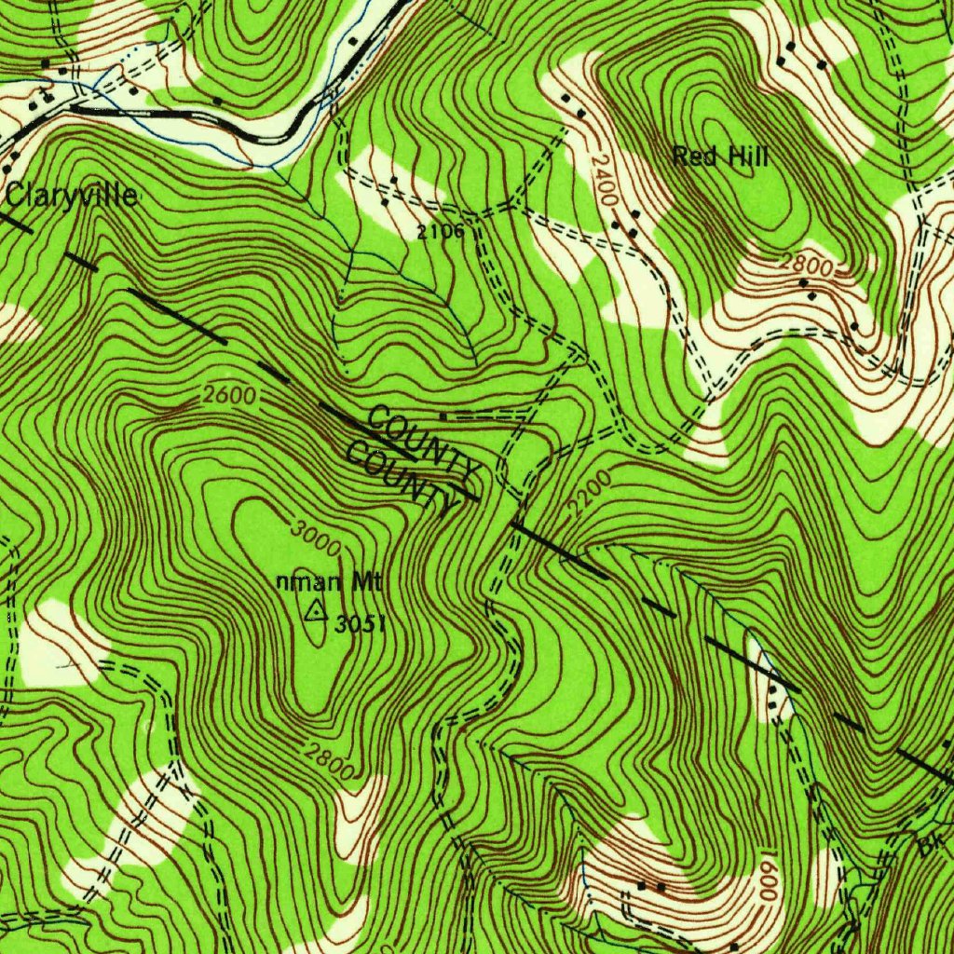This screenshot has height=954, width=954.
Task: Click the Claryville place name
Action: coord(72,196)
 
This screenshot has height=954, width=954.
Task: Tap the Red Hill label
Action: coord(720,157)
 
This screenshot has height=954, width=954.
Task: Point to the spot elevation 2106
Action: coord(440,232)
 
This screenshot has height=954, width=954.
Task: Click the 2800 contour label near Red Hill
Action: coord(805,264)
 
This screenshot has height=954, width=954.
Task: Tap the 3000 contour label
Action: coord(315,538)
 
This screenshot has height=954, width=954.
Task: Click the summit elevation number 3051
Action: coord(360,623)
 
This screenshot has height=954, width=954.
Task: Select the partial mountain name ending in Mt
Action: coord(330,583)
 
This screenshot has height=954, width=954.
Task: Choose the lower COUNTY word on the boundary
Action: coord(402,478)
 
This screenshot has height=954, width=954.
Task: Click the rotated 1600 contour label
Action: coord(768,876)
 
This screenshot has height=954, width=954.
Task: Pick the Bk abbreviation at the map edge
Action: coord(928,847)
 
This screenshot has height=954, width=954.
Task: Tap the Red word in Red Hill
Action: coord(693,157)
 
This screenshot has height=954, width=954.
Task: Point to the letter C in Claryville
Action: coord(16,196)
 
